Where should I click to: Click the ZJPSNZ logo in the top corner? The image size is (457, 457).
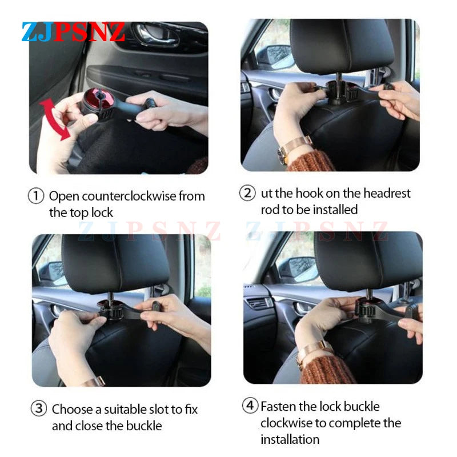73,31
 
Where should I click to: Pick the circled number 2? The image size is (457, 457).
247,193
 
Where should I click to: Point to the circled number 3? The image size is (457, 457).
38,409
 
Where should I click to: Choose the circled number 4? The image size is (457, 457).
250,407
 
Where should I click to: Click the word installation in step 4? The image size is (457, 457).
290,439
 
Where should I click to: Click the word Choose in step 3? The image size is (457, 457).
71,410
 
